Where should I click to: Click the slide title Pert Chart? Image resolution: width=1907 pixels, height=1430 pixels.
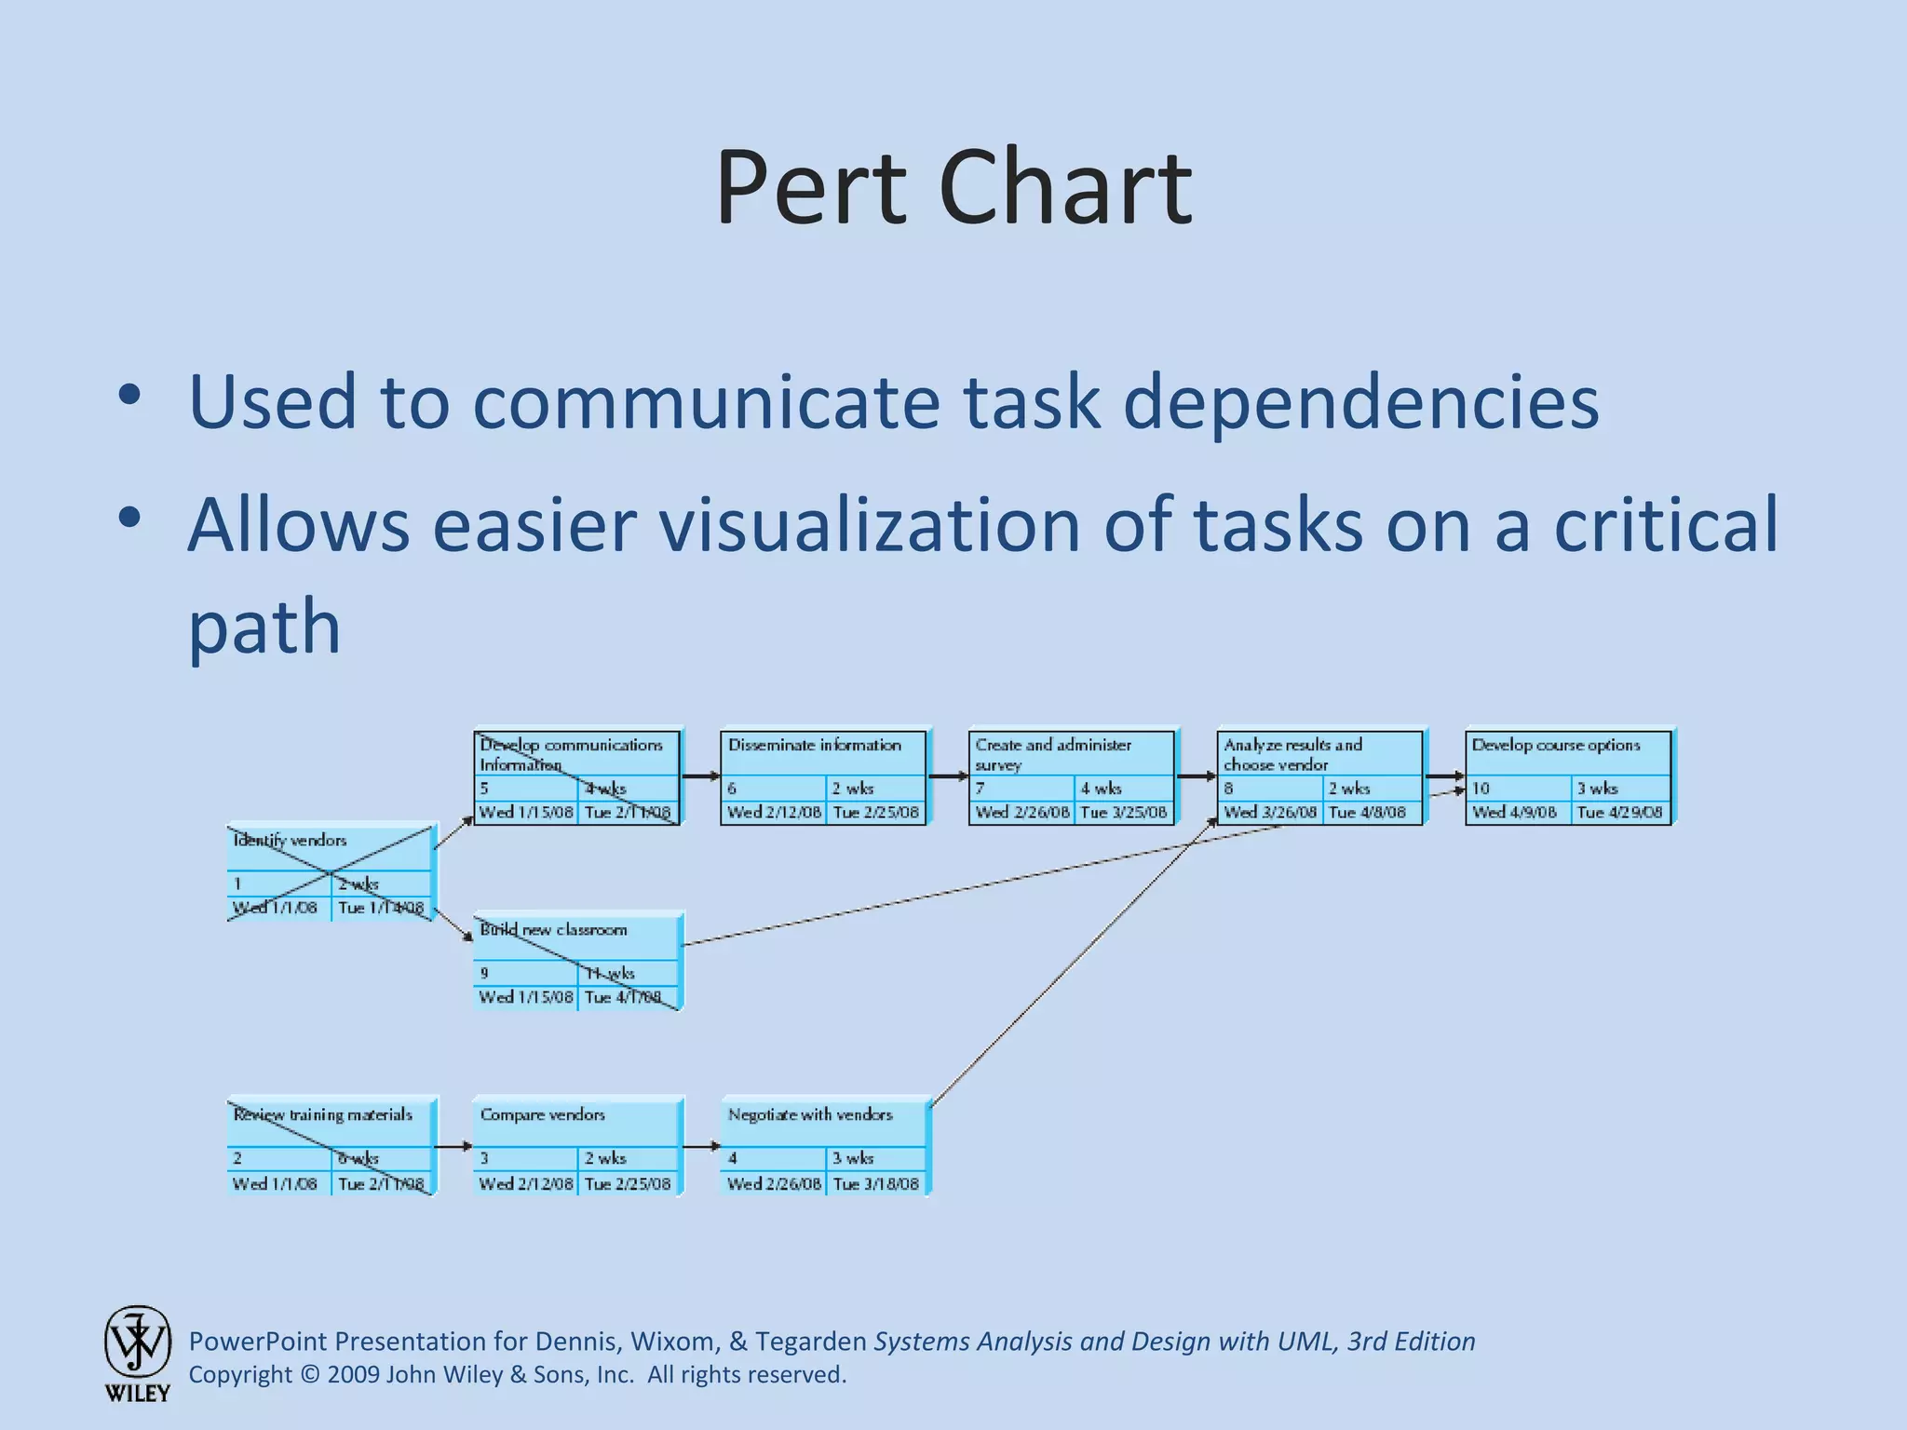[953, 189]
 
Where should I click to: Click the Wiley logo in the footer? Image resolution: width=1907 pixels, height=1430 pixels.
[137, 1353]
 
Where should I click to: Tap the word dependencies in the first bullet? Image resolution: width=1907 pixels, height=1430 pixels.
[1360, 402]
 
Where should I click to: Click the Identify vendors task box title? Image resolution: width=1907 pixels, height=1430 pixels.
[290, 841]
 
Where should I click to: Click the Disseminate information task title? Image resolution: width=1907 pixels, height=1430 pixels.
[814, 745]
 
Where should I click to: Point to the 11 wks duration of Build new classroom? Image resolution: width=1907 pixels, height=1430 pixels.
[609, 973]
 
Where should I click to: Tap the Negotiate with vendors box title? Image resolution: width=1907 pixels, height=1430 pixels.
[810, 1114]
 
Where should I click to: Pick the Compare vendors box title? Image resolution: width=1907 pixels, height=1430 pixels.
[542, 1114]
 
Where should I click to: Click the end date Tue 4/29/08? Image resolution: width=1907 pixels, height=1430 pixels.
[1619, 812]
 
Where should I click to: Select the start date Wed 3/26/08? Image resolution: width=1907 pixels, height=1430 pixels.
[1270, 812]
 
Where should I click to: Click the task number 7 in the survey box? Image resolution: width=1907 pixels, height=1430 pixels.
[980, 789]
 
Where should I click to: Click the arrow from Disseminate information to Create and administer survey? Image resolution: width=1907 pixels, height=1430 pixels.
[948, 776]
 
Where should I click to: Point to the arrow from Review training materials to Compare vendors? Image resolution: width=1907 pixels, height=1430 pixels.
[454, 1146]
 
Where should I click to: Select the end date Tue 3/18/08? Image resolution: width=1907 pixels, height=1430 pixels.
[875, 1183]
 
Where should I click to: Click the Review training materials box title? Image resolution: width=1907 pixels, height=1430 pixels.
[322, 1114]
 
